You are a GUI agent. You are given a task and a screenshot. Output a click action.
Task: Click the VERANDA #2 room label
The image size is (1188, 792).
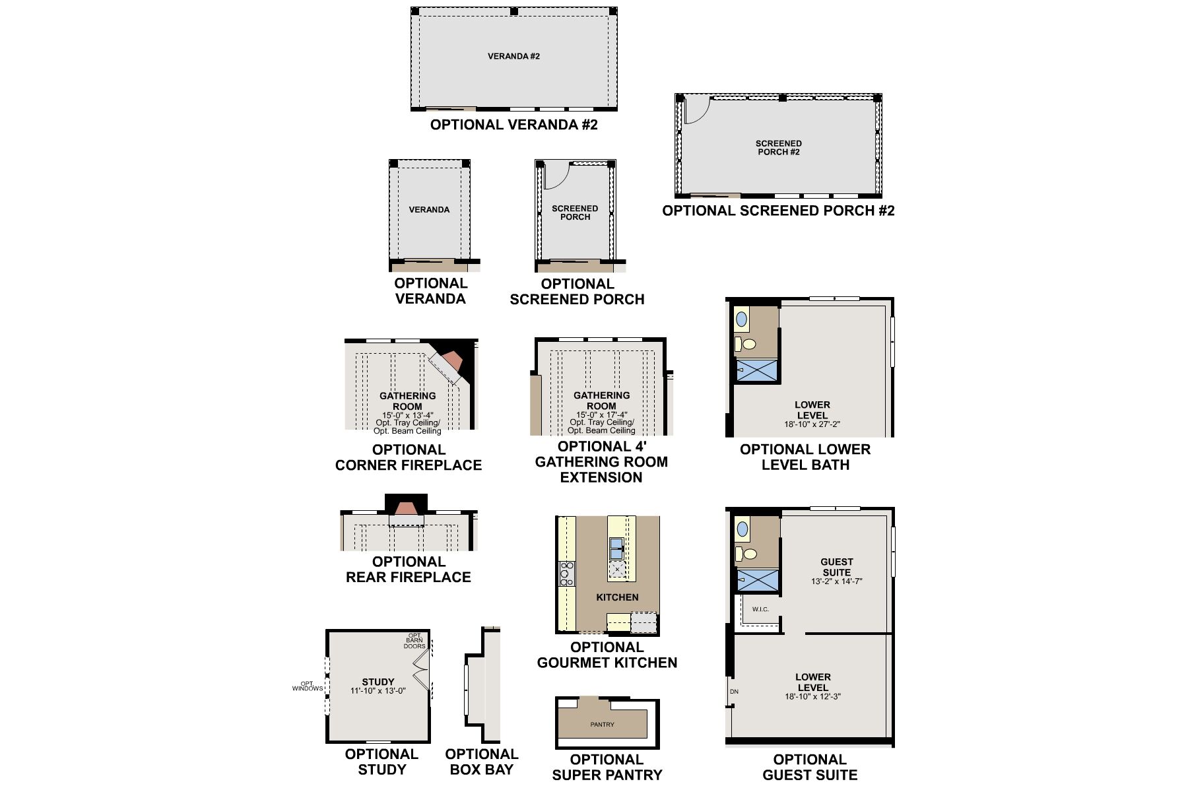(513, 57)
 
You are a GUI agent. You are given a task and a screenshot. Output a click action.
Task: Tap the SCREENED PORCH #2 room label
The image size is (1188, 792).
(778, 148)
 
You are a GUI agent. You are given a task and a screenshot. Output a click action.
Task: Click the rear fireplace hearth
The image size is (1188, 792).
(407, 509)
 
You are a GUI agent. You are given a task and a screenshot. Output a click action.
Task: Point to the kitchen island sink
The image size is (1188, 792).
(616, 548)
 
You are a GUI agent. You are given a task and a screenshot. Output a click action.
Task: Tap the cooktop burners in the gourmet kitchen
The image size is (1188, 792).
(566, 574)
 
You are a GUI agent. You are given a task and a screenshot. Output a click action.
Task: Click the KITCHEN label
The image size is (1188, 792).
(617, 597)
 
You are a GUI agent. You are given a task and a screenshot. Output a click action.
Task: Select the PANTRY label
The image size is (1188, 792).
(602, 725)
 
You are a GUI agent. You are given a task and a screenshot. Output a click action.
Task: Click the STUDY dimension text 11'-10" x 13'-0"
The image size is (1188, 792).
(378, 691)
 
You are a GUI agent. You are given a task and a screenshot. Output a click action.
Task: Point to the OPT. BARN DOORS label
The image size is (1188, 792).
(415, 641)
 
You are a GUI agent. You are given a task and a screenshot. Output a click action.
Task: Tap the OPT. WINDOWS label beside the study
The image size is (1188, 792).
(308, 686)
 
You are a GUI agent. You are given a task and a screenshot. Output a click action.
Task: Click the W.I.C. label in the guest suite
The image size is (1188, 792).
(760, 609)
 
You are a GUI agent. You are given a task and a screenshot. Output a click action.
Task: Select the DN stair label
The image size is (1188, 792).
(734, 692)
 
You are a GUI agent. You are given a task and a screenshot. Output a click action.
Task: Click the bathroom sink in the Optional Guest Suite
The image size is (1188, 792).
(742, 529)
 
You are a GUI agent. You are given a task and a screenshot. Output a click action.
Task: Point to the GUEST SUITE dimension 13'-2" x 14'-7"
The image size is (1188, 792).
(836, 582)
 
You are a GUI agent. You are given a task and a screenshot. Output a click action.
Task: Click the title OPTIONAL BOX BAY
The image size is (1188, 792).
(481, 762)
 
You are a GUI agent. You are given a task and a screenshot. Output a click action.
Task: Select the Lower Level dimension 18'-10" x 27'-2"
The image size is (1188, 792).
(812, 425)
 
